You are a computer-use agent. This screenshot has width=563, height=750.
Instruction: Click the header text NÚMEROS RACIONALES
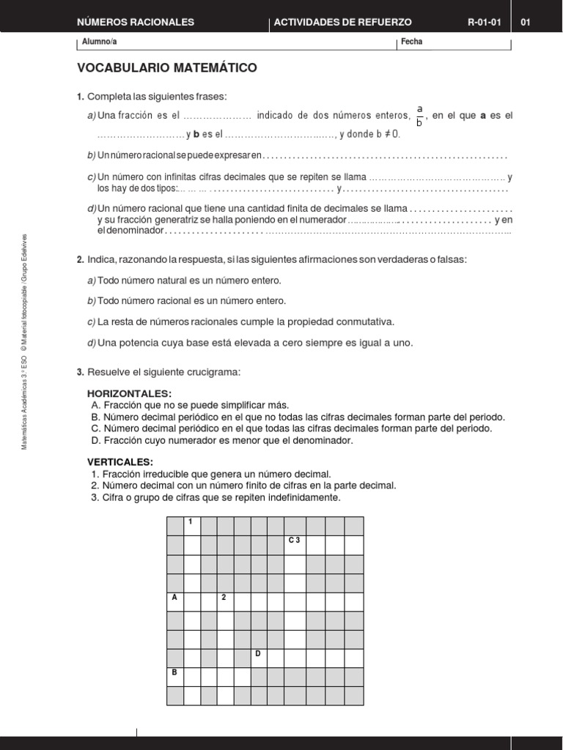click(136, 22)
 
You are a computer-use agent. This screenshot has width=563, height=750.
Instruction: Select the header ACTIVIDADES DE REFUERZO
click(342, 22)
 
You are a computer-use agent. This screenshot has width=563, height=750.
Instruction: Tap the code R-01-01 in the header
click(484, 22)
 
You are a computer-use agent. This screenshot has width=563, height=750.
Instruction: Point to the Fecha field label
click(411, 42)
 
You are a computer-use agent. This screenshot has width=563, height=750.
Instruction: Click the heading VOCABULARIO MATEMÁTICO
click(167, 68)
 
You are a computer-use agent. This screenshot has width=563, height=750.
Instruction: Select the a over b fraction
click(419, 116)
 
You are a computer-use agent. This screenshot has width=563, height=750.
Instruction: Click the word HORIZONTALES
click(129, 393)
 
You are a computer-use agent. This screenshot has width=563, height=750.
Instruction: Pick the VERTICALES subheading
click(120, 462)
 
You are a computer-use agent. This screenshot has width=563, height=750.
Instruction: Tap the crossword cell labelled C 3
click(294, 545)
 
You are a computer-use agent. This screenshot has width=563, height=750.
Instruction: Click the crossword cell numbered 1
click(191, 526)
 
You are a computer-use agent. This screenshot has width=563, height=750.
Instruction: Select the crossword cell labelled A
click(174, 602)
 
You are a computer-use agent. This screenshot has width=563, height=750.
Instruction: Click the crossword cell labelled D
click(259, 658)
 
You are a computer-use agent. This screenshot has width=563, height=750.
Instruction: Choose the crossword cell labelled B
click(174, 677)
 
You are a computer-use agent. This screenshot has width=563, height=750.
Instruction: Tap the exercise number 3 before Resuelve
click(80, 372)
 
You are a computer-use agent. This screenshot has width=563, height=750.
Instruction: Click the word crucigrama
click(215, 372)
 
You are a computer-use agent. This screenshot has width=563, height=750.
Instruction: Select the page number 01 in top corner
click(525, 22)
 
